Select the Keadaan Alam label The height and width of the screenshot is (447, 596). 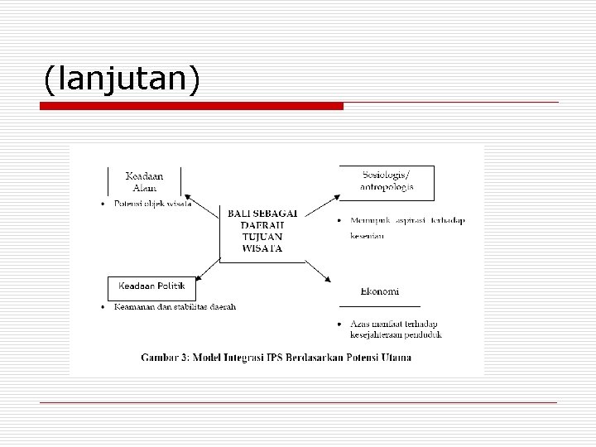144,182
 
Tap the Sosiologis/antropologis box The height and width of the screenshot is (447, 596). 387,180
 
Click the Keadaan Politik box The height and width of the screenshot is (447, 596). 152,287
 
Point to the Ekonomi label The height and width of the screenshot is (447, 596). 380,291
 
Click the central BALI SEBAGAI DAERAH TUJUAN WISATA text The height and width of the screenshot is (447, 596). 262,230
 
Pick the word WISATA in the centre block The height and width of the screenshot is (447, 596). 262,248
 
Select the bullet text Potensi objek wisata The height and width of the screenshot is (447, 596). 153,204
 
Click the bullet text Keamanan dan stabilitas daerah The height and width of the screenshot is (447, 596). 175,307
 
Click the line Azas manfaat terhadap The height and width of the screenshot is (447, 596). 396,323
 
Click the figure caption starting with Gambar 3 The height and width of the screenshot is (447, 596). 276,358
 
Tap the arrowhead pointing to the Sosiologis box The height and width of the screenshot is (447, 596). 335,197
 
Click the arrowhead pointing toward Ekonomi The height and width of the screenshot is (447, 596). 328,283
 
